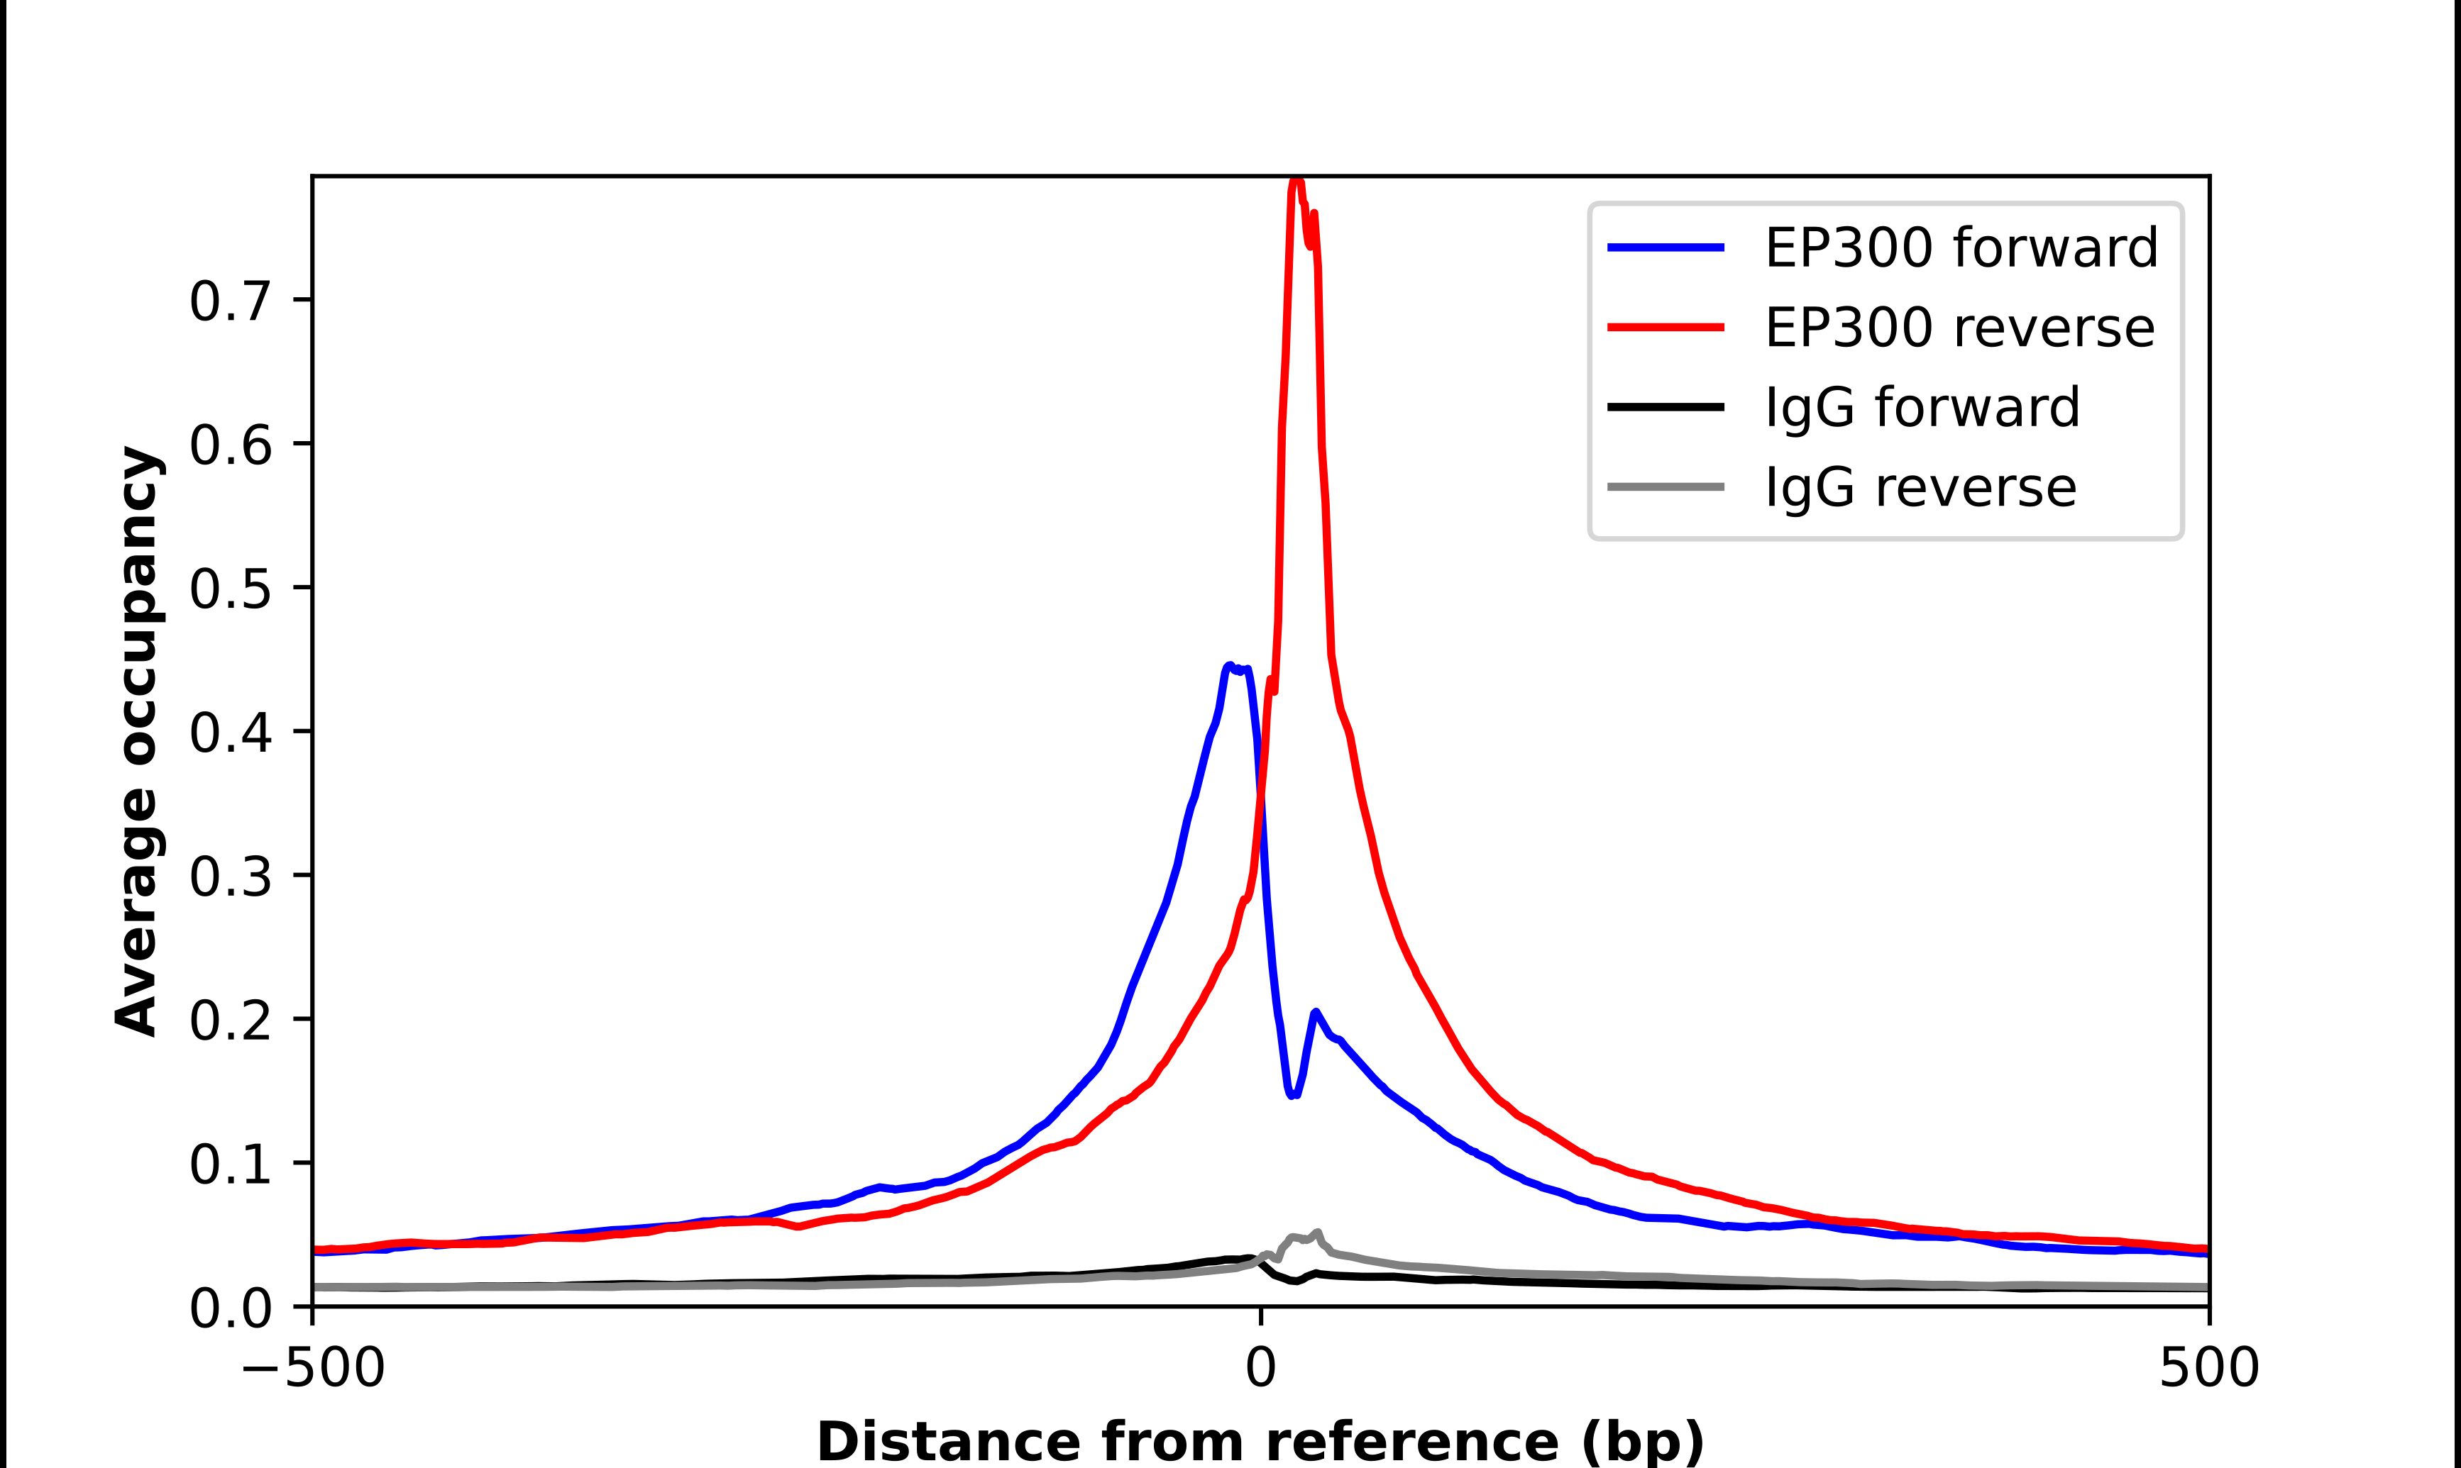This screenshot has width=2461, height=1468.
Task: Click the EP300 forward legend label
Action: (1960, 248)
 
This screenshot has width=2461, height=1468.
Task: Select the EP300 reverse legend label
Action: (1959, 328)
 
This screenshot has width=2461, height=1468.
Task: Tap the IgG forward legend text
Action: (1922, 408)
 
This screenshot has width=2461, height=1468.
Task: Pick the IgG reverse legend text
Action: (1920, 488)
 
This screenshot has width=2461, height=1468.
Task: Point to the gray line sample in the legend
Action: (1666, 486)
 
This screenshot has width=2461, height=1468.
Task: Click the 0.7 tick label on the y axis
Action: (230, 301)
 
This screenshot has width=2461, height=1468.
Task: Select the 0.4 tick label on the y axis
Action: (230, 733)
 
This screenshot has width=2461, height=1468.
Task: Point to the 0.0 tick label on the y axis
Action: (230, 1308)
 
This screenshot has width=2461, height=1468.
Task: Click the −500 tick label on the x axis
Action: (313, 1368)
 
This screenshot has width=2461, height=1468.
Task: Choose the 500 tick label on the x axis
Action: (2208, 1368)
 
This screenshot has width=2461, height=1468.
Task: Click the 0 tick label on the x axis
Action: (1260, 1368)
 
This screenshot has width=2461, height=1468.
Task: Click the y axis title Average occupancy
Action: (136, 741)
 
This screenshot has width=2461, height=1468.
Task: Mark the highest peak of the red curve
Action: (1296, 181)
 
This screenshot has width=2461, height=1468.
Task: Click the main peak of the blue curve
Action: (1230, 666)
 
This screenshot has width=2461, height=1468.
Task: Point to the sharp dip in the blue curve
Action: (1292, 1095)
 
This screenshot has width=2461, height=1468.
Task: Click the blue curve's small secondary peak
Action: (1315, 1012)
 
